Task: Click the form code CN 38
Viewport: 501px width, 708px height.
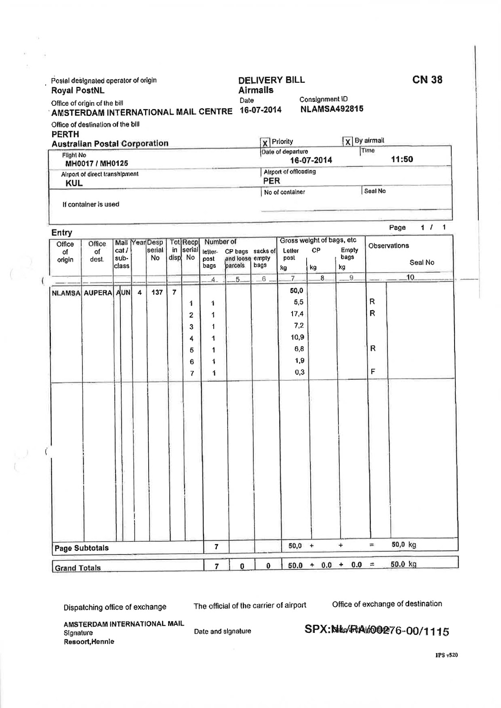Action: [427, 80]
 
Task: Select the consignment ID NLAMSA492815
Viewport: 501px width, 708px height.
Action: [331, 109]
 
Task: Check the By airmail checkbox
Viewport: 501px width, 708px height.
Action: [348, 142]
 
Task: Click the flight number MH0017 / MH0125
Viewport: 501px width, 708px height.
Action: [97, 163]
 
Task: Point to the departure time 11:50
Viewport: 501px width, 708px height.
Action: [402, 159]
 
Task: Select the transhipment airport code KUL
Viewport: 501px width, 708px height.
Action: [74, 183]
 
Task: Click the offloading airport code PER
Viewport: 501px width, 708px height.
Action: [271, 181]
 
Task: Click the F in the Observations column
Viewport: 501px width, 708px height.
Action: [373, 372]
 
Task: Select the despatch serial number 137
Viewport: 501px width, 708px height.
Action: [157, 292]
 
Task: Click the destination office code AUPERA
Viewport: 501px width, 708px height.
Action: [98, 292]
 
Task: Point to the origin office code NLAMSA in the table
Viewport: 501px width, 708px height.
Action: [66, 292]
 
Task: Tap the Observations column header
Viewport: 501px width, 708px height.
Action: [389, 246]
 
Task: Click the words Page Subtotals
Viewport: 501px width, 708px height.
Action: [81, 548]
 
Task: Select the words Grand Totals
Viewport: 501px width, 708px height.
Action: [77, 568]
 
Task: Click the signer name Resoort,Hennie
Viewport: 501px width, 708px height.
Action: [89, 642]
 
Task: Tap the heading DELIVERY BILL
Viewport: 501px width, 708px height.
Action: [271, 80]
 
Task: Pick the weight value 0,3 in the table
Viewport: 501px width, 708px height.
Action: [300, 372]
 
